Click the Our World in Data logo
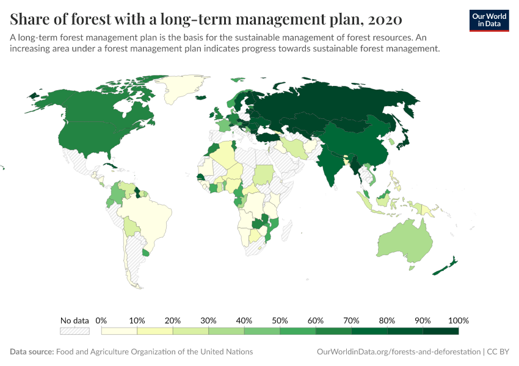tap(489, 20)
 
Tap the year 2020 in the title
tap(384, 20)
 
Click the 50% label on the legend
tap(280, 320)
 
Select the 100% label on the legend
tap(458, 320)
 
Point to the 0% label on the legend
tap(101, 320)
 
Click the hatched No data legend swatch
tap(74, 331)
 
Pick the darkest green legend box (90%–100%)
tap(440, 331)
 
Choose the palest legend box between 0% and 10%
tap(119, 331)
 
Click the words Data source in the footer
tap(32, 352)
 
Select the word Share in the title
tap(30, 20)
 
